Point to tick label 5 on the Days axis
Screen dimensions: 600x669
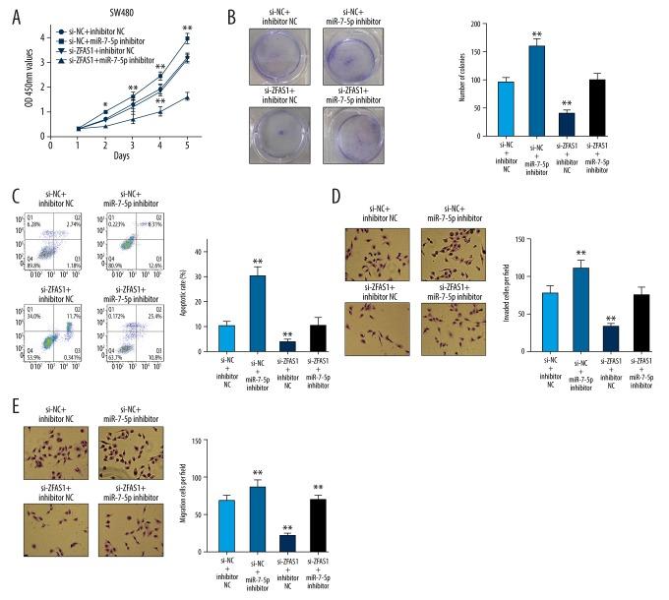[x=188, y=146]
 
